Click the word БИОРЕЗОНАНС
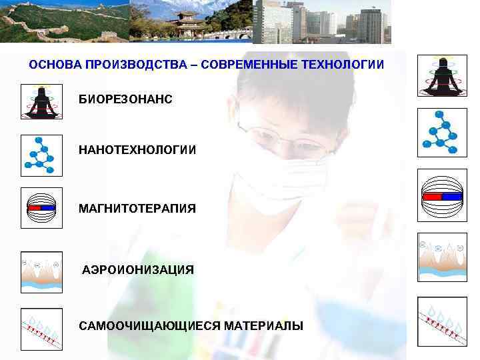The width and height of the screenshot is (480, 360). pos(125,99)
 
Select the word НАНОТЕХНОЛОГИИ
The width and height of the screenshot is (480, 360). pos(137,150)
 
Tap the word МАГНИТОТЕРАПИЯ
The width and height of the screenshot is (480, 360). pos(137,209)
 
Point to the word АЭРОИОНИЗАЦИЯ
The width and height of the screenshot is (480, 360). pos(138,270)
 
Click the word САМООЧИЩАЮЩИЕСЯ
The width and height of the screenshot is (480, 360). pos(150,326)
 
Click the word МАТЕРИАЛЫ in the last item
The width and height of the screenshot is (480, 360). pos(263,326)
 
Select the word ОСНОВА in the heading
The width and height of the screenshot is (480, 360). pos(51,65)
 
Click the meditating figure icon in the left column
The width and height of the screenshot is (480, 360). pos(41,102)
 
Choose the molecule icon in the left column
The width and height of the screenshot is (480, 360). pos(41,155)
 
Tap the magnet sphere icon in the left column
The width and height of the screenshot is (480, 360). pos(41,208)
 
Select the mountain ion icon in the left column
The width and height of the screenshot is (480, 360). pos(41,271)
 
